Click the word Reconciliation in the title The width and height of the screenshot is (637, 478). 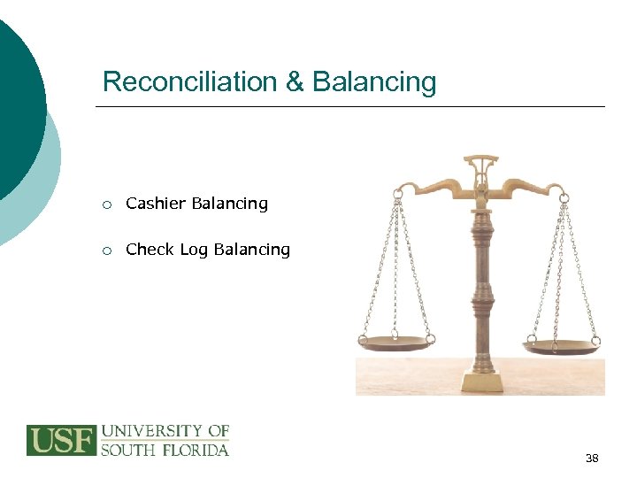click(x=190, y=81)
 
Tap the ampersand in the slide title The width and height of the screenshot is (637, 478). click(x=295, y=81)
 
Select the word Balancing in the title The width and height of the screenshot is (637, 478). click(x=374, y=81)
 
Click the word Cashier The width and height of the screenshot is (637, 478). click(x=156, y=204)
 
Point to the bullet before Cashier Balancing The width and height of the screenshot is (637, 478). click(x=106, y=204)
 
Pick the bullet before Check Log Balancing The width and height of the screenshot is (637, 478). click(x=106, y=251)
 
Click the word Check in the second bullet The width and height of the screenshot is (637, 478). click(x=150, y=250)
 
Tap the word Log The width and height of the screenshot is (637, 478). click(x=193, y=251)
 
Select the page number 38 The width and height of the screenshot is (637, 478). click(x=592, y=458)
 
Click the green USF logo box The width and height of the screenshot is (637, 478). click(x=60, y=440)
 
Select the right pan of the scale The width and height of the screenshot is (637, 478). click(x=563, y=345)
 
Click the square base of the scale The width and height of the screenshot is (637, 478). click(x=481, y=381)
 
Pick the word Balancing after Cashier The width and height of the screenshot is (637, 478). click(x=230, y=204)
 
